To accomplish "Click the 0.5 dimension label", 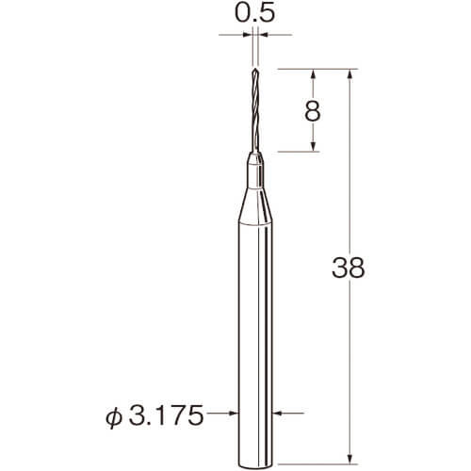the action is coord(255,13).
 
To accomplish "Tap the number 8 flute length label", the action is coord(313,111).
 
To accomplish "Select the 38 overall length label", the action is coord(349,268).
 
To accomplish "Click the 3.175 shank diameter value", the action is coord(167,415).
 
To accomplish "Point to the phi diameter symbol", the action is coord(114,417).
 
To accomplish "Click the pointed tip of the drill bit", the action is coord(255,68).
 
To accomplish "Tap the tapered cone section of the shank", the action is coord(255,205).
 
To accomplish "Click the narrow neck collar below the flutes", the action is coord(255,171).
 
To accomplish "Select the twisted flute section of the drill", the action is coord(255,110).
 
